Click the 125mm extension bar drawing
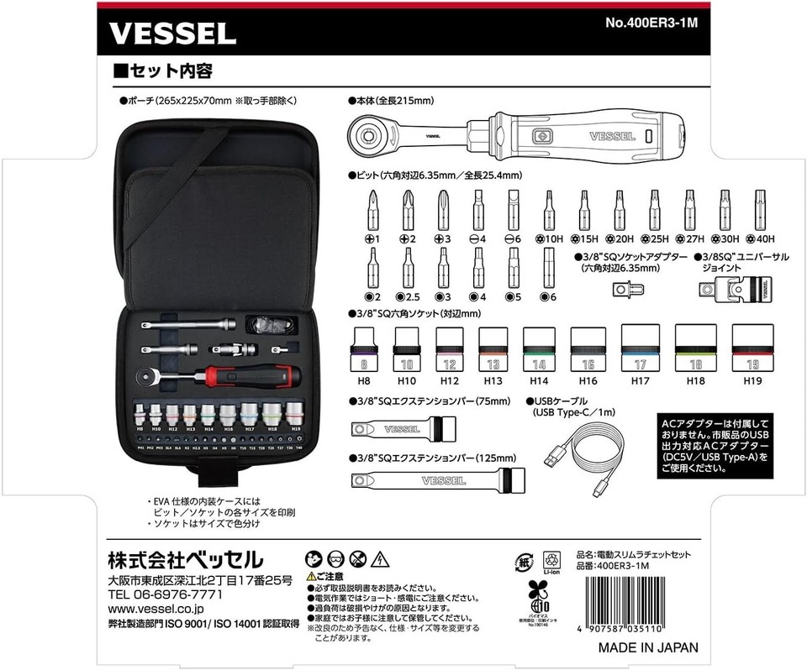429,481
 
